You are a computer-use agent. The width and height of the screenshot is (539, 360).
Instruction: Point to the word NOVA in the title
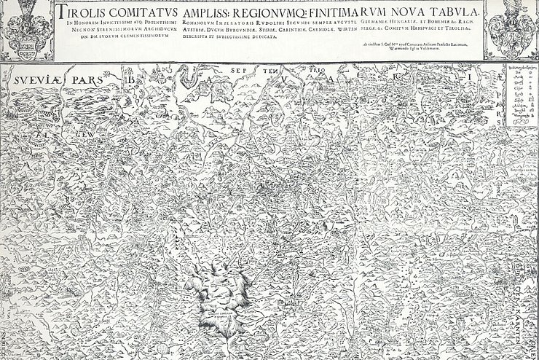409,12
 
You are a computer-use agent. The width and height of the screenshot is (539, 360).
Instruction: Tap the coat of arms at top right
512,28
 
